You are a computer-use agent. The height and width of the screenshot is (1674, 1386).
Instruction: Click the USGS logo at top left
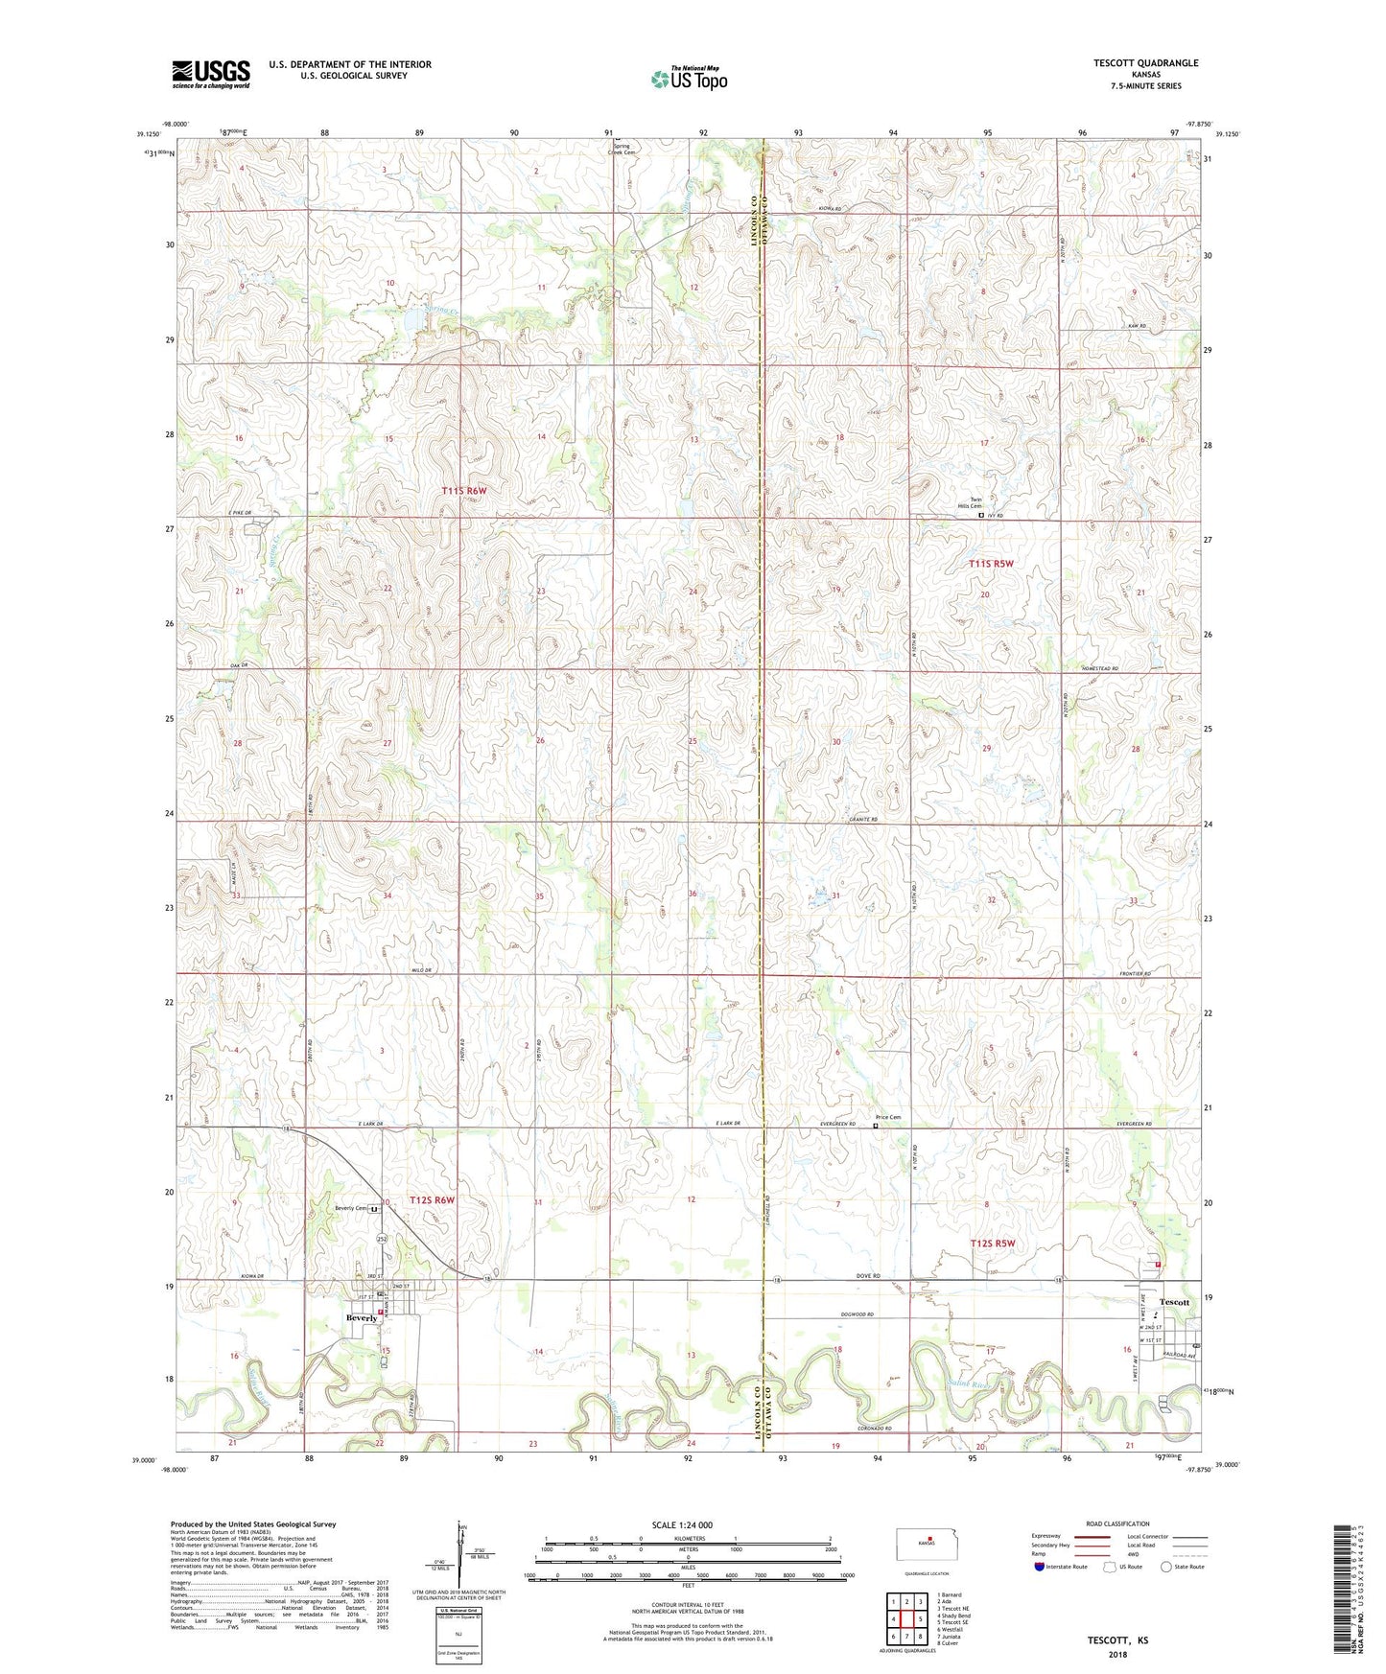(x=211, y=74)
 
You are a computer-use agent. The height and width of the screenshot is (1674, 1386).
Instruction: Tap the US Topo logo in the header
(x=689, y=80)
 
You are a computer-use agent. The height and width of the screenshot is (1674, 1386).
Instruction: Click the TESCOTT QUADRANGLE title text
(x=1145, y=63)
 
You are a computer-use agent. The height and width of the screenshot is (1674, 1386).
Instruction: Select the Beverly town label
(x=363, y=1318)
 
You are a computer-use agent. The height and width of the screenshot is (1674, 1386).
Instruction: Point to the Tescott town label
(x=1175, y=1302)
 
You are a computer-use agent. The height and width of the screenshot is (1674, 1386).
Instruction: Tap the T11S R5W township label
(x=991, y=564)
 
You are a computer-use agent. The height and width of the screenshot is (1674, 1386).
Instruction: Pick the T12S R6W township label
(x=432, y=1200)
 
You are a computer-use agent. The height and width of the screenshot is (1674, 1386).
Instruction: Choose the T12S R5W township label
(x=992, y=1244)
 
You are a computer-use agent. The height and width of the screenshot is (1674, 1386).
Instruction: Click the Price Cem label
(x=887, y=1118)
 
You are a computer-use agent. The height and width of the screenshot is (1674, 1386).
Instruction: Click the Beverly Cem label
(x=351, y=1208)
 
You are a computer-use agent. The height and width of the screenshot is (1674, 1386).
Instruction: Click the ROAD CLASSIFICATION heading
(x=1116, y=1523)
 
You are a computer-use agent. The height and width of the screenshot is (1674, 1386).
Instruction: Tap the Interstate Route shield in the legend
(x=1040, y=1568)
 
